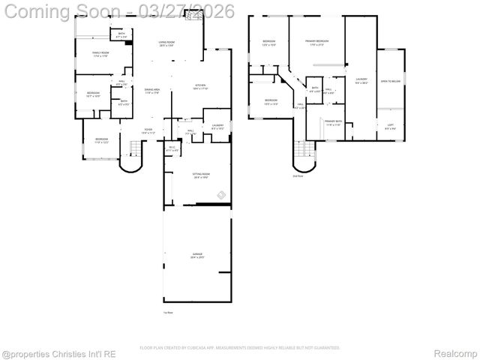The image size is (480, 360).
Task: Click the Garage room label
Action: tap(197, 256)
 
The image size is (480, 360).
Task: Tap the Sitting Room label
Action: tap(201, 175)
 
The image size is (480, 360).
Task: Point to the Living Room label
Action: tap(166, 44)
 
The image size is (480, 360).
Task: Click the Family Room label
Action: tap(100, 54)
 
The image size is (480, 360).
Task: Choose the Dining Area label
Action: tap(153, 91)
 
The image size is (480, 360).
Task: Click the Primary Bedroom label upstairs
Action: tap(316, 42)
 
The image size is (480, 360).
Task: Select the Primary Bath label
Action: tap(333, 122)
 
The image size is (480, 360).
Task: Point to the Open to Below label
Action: tap(389, 81)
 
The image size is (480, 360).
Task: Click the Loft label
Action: tap(390, 126)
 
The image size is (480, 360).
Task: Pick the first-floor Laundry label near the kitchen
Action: tap(217, 127)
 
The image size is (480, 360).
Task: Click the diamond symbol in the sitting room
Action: tap(222, 196)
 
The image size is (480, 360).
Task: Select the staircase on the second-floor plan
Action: tap(304, 156)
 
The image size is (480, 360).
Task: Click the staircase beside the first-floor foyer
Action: tap(133, 158)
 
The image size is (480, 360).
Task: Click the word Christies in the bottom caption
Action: tap(76, 353)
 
